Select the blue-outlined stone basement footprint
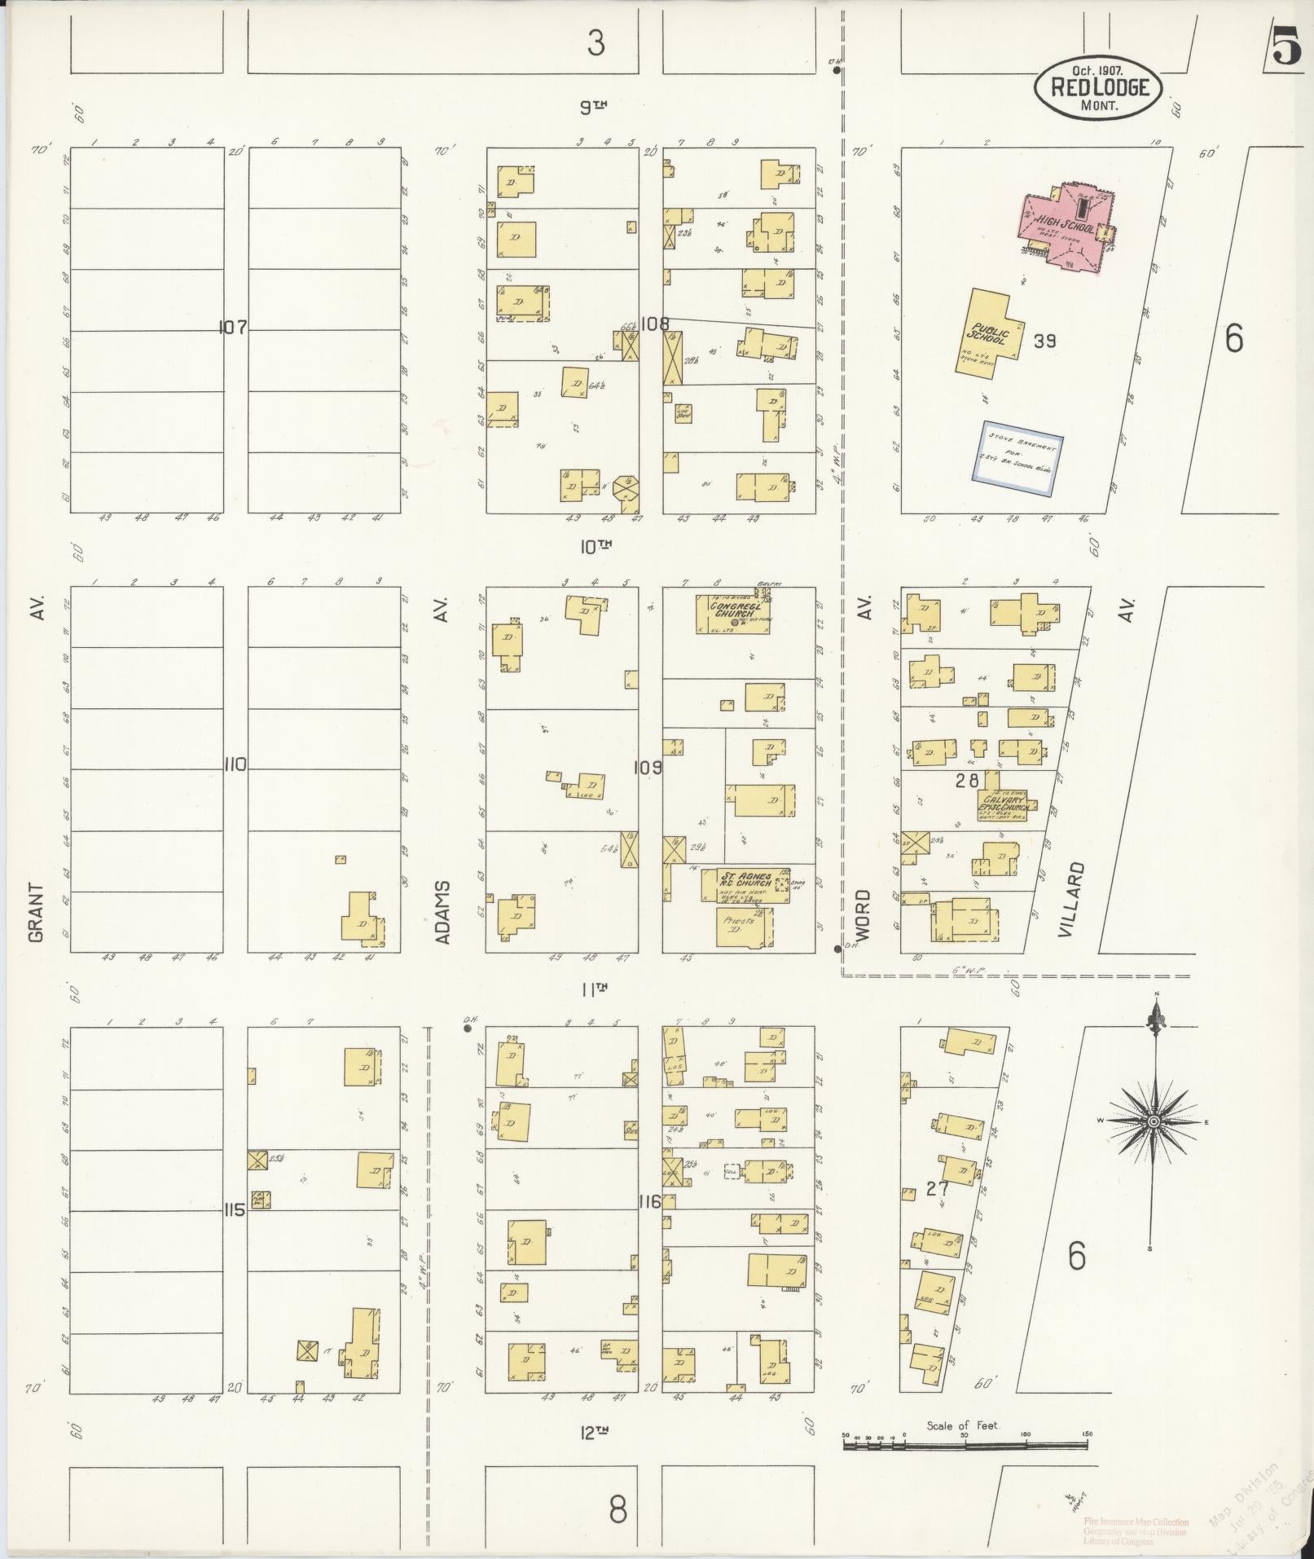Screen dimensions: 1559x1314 pos(1021,457)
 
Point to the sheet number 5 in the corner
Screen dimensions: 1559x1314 pos(1286,47)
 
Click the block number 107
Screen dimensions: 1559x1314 pos(233,328)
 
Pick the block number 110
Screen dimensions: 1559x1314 pos(235,764)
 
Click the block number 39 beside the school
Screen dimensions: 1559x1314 pos(1044,341)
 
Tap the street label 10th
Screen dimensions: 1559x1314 pos(595,547)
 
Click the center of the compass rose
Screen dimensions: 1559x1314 pos(1153,1121)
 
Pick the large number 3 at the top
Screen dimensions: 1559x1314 pos(596,43)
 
